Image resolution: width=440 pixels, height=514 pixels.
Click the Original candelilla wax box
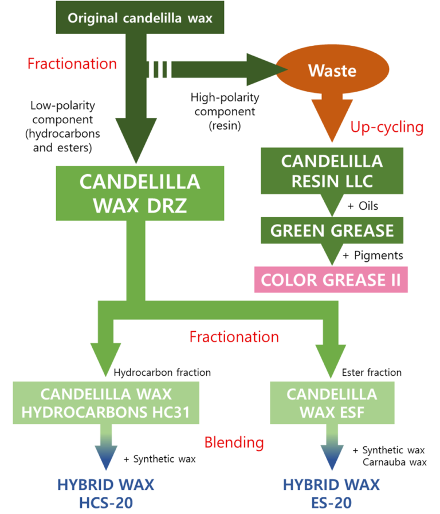tap(140, 18)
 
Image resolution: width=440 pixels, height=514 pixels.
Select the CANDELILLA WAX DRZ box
tap(140, 193)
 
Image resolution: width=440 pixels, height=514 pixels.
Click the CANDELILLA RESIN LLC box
tap(332, 171)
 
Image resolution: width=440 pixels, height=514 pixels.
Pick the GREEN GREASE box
tap(332, 230)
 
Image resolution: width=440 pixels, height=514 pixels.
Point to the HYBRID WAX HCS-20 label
tap(106, 493)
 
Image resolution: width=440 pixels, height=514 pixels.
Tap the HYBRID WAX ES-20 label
tap(332, 493)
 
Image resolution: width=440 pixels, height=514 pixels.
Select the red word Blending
tap(234, 442)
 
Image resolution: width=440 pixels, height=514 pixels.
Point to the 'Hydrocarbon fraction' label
tap(162, 372)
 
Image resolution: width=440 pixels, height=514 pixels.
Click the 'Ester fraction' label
tap(372, 372)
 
